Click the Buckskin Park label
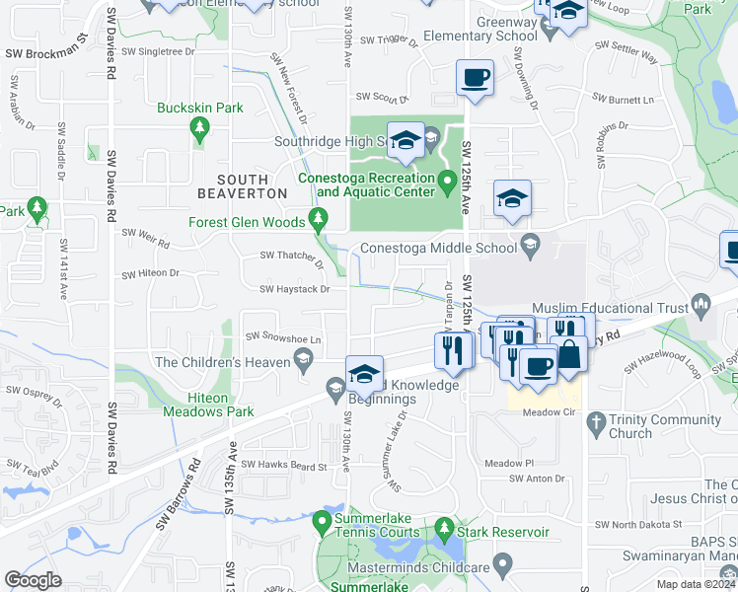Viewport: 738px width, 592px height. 200,107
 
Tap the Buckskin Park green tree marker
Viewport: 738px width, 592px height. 200,128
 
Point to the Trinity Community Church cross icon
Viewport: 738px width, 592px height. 595,424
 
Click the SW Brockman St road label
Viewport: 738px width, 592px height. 46,54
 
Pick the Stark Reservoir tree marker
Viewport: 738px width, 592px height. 444,534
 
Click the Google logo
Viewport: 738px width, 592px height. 33,580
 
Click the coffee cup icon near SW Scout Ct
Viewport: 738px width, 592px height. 475,78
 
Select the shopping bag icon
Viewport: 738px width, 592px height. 568,356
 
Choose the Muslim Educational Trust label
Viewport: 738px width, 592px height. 610,309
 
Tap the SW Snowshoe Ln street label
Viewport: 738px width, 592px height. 283,339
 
